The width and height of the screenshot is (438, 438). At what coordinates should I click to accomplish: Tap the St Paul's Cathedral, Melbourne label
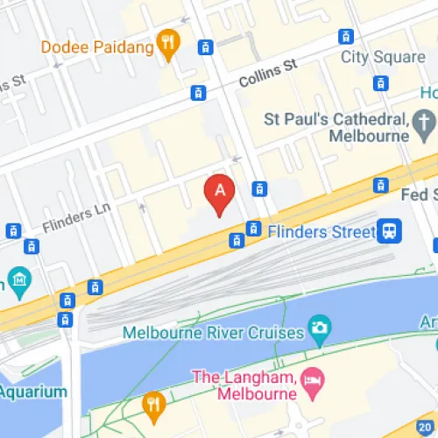(337, 128)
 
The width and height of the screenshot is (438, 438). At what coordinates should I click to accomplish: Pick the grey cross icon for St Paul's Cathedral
(424, 121)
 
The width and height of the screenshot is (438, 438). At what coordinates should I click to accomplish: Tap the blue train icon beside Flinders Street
(390, 232)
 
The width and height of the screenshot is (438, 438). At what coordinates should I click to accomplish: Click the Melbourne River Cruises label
(214, 333)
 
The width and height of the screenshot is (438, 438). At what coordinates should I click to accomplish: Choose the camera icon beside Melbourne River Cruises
(321, 329)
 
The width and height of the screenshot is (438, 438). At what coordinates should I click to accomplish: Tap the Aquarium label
(33, 392)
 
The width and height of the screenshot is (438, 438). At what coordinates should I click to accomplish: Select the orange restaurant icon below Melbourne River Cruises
(154, 403)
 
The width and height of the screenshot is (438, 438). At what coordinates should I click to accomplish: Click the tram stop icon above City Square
(346, 37)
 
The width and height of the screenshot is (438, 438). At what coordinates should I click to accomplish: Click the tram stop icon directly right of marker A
(258, 189)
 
